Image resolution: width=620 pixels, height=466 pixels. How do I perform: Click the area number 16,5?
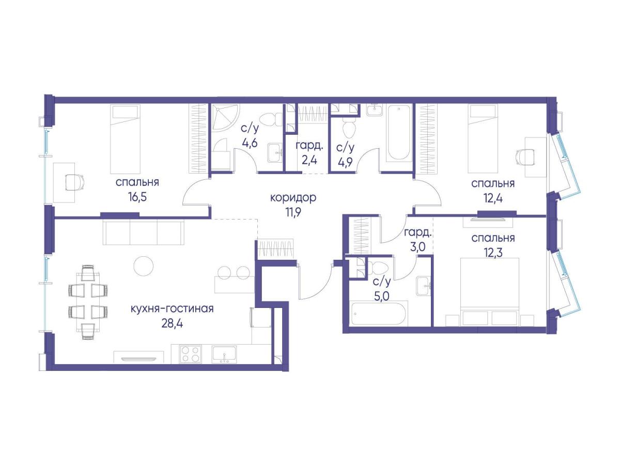[137, 197]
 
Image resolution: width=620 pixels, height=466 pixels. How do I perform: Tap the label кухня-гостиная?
[172, 309]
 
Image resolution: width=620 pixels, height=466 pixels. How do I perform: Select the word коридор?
[293, 198]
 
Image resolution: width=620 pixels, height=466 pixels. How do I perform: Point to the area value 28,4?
[172, 323]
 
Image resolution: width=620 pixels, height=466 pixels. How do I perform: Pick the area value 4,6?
[250, 143]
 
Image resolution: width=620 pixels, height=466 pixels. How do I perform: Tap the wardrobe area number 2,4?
[309, 161]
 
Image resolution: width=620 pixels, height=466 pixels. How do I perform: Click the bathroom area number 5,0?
[382, 296]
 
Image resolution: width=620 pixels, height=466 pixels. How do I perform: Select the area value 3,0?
[417, 247]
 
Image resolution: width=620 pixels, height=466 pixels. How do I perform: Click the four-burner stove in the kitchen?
[191, 354]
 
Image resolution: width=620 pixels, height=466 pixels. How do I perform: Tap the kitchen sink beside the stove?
[224, 354]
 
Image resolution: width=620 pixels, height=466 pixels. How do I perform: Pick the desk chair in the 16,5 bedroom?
[74, 182]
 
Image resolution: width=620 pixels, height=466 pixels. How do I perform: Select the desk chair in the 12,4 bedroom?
[525, 157]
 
